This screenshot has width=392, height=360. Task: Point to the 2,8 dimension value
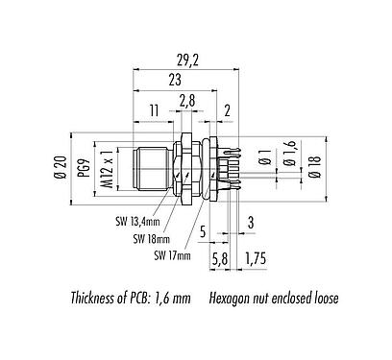187,100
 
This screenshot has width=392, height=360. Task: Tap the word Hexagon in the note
232,298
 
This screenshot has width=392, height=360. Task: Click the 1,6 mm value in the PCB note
180,298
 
